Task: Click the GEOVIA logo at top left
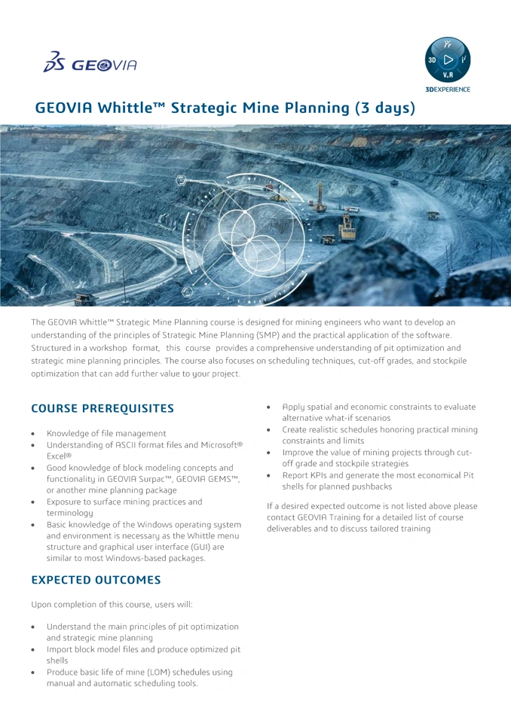(x=90, y=63)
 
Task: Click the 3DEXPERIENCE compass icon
(x=448, y=59)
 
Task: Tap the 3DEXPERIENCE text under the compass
(x=448, y=90)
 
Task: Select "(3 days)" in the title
(x=385, y=108)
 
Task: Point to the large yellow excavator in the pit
(x=346, y=226)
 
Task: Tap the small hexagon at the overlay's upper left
(x=181, y=180)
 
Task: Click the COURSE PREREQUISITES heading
(x=102, y=408)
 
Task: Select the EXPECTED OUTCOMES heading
(x=96, y=580)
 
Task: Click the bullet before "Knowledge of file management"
(x=34, y=434)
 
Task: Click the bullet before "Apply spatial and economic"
(x=270, y=407)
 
